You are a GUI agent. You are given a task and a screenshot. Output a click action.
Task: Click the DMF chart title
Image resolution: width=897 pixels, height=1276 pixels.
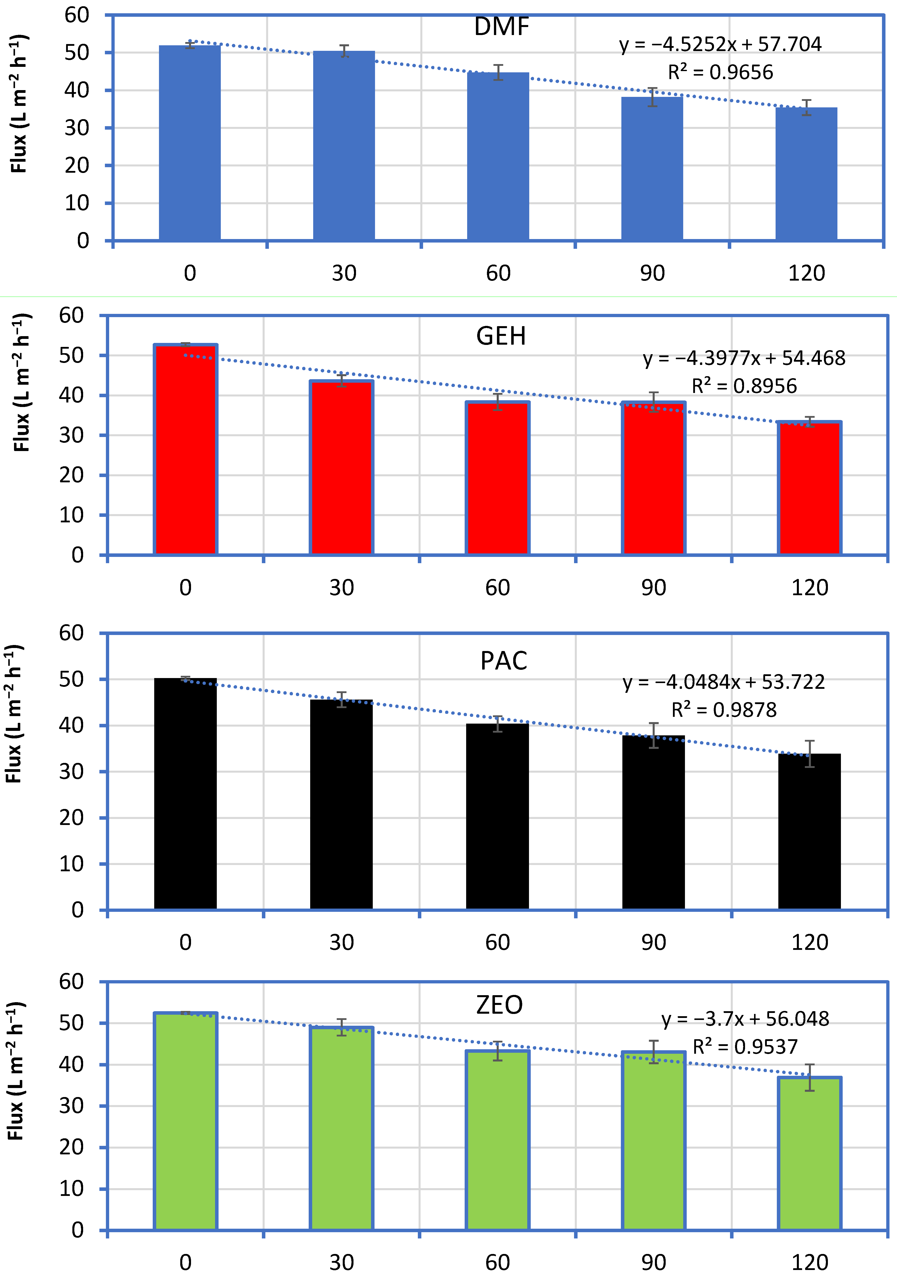click(x=501, y=27)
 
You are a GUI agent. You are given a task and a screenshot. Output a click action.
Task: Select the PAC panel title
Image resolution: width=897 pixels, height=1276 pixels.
click(x=503, y=661)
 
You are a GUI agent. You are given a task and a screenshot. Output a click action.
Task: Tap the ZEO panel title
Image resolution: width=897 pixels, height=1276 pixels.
click(x=500, y=1005)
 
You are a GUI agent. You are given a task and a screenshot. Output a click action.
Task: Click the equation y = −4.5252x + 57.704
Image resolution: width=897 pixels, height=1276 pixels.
click(x=720, y=44)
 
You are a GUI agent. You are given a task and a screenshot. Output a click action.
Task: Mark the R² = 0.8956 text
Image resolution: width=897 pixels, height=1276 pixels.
click(x=744, y=386)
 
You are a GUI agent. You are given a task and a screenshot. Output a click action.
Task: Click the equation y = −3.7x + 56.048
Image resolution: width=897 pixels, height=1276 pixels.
click(x=745, y=1019)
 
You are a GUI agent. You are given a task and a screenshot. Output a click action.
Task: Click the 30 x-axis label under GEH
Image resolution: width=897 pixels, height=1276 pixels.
click(x=341, y=587)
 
